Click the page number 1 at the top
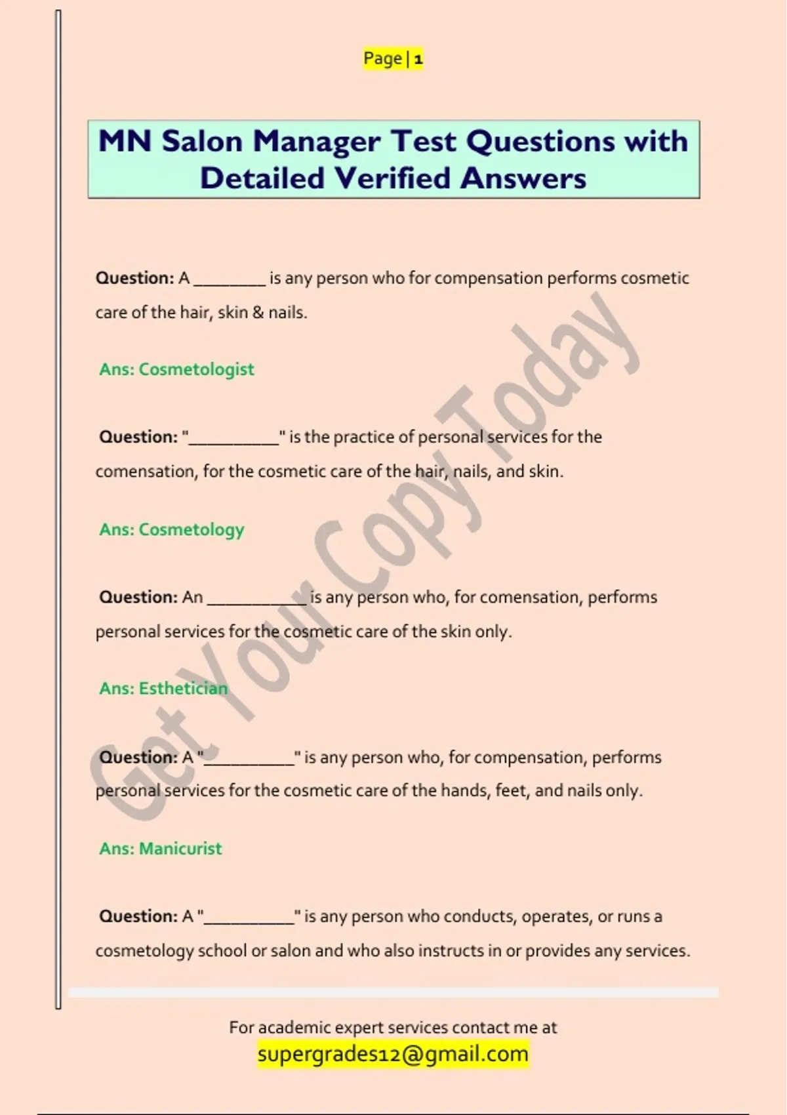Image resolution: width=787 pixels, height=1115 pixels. click(x=418, y=60)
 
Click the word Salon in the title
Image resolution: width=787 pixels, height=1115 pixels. click(x=202, y=141)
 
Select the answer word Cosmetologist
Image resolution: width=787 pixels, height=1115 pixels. click(x=196, y=369)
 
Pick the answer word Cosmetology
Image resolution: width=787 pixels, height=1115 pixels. click(x=191, y=529)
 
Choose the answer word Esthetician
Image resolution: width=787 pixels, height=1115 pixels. click(x=183, y=689)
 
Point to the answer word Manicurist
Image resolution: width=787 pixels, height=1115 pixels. click(x=180, y=849)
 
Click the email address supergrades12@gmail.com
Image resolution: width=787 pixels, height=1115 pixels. click(x=393, y=1054)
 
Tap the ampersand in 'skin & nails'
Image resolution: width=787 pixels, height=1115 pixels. click(x=258, y=313)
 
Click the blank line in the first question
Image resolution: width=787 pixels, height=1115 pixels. click(x=230, y=282)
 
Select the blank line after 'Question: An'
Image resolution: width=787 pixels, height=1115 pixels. click(x=256, y=601)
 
